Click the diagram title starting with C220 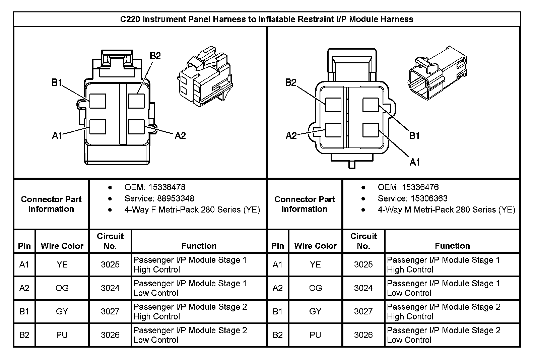(x=267, y=19)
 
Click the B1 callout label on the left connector (x=57, y=82)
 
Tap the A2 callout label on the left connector (x=180, y=135)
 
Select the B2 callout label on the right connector (x=291, y=82)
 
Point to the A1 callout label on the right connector (x=415, y=162)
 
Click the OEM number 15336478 (x=167, y=187)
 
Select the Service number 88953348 (x=176, y=198)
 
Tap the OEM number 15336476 (x=420, y=187)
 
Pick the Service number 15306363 (x=429, y=198)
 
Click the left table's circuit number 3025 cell (x=110, y=264)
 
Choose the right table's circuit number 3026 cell (x=363, y=335)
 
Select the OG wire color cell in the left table (x=62, y=288)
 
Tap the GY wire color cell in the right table (x=315, y=311)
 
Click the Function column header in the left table (x=199, y=246)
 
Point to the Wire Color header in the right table (x=315, y=246)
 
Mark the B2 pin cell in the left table (x=24, y=335)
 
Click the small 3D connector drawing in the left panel (x=204, y=76)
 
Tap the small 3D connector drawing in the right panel (x=437, y=74)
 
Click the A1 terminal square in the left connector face (x=98, y=127)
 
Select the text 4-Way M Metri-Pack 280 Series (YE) (x=446, y=210)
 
